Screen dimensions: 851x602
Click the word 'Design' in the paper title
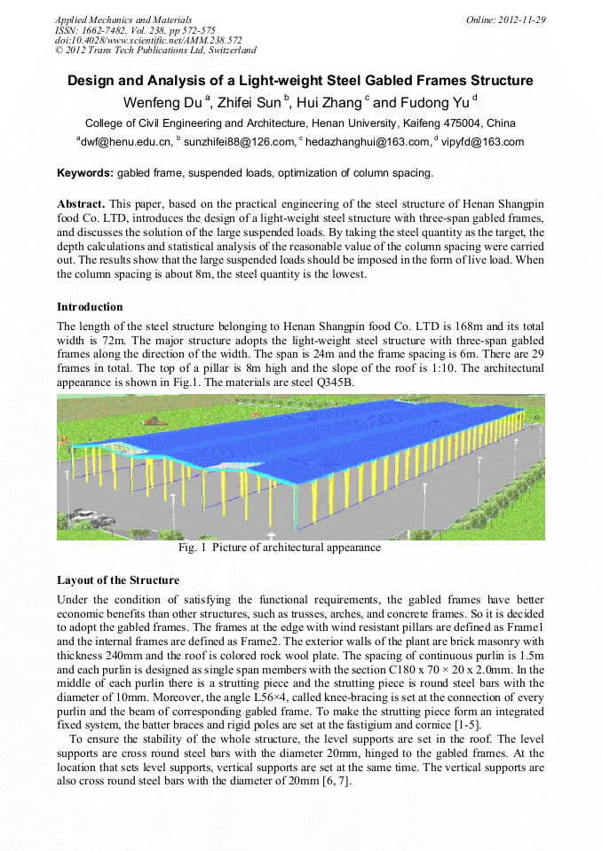(x=92, y=81)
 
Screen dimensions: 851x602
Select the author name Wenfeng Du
(x=162, y=102)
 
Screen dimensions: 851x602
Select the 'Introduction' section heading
(x=90, y=307)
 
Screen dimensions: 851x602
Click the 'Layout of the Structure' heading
(x=118, y=580)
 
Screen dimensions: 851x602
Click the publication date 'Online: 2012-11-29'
(x=505, y=20)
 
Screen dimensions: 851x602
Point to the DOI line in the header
(x=148, y=40)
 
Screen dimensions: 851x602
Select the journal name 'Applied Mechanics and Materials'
(x=123, y=20)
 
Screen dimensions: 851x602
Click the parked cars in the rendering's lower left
(x=99, y=520)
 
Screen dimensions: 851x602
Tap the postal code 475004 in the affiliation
(x=447, y=123)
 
